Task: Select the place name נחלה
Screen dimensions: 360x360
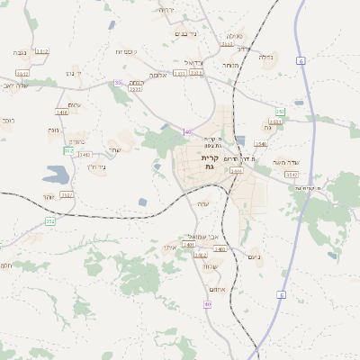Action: tap(266, 56)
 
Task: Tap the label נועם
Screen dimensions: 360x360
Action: tap(254, 256)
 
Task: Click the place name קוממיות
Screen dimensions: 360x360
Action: tap(125, 52)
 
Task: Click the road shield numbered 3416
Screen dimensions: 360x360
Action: tap(62, 112)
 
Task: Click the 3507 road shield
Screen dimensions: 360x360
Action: tap(67, 193)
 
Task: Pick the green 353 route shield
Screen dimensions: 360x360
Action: tap(50, 220)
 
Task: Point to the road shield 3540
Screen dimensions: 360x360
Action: tap(261, 143)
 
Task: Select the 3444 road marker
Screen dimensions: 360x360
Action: tap(236, 170)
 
